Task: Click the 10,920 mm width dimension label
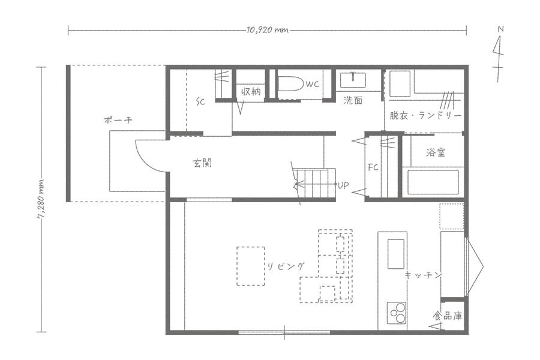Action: click(267, 30)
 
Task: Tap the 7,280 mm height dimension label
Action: click(41, 199)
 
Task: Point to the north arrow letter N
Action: click(500, 29)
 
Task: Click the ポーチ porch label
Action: click(118, 120)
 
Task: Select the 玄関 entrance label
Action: click(202, 163)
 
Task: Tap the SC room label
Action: click(200, 101)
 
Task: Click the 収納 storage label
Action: click(251, 92)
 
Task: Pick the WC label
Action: click(312, 84)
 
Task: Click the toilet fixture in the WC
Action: click(290, 84)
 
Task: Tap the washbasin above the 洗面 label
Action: click(352, 80)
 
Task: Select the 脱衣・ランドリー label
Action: click(425, 115)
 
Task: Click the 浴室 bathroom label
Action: click(436, 152)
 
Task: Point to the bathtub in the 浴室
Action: click(433, 182)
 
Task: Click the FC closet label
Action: click(373, 167)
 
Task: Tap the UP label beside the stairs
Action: click(343, 185)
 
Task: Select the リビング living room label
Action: click(286, 266)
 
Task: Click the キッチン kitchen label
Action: click(423, 275)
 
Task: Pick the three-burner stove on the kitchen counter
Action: click(396, 313)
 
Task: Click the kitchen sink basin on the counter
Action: click(396, 254)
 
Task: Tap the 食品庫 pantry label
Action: click(448, 316)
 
